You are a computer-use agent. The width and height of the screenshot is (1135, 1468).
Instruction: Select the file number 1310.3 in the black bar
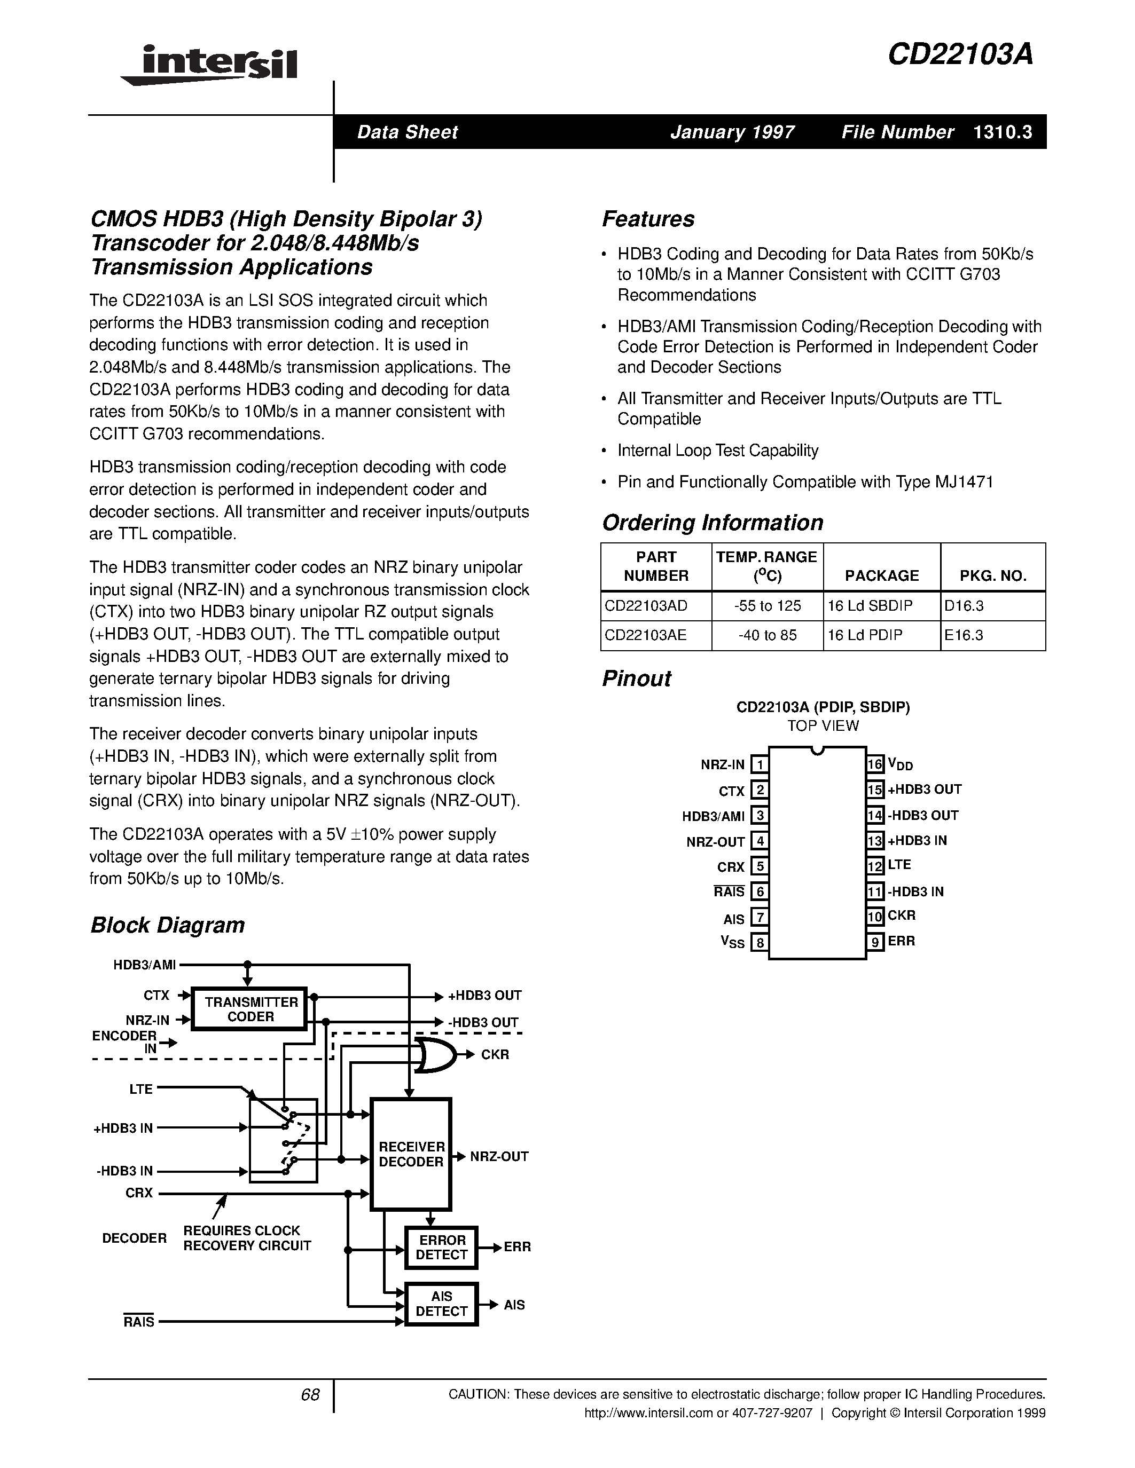1002,132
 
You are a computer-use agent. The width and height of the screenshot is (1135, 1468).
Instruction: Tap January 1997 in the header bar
732,132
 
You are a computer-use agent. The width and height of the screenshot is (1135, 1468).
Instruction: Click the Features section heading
647,219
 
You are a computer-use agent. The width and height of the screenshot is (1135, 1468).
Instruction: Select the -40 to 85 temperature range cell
767,635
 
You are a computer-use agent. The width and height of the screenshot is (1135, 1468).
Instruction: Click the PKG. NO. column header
992,575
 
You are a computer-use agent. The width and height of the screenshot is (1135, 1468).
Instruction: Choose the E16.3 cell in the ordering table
964,635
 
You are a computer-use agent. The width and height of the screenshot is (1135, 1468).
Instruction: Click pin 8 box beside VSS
759,942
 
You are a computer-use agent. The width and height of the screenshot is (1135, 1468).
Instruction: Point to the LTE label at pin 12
899,865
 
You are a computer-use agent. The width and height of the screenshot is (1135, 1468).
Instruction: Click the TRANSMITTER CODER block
250,1009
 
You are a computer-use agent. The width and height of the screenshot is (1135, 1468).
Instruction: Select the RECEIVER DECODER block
411,1154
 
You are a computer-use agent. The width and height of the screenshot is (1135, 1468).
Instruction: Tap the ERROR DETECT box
441,1247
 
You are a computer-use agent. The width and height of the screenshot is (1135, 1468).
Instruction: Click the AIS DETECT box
441,1304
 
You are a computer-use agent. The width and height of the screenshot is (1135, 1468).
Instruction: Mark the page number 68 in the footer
310,1395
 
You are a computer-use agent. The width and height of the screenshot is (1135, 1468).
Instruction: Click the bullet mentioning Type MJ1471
804,482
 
